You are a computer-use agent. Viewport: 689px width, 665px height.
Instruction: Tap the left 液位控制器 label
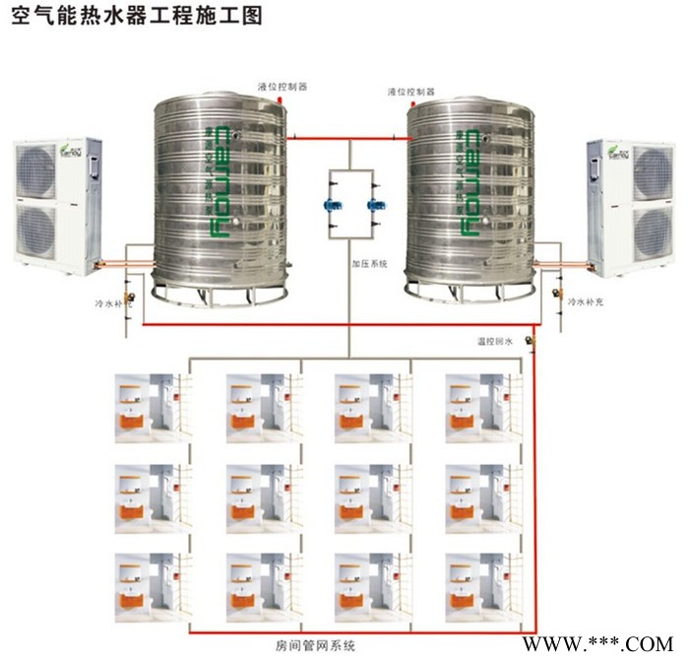click(x=282, y=87)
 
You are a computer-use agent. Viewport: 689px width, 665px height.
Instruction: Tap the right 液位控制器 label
click(x=410, y=93)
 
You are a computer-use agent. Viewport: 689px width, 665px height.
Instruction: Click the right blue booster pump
click(x=373, y=208)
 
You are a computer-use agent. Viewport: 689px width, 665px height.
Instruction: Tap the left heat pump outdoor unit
click(x=56, y=202)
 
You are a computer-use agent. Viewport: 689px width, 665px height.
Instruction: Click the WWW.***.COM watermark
click(x=597, y=644)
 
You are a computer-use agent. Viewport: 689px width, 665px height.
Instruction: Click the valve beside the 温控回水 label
click(x=530, y=341)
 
